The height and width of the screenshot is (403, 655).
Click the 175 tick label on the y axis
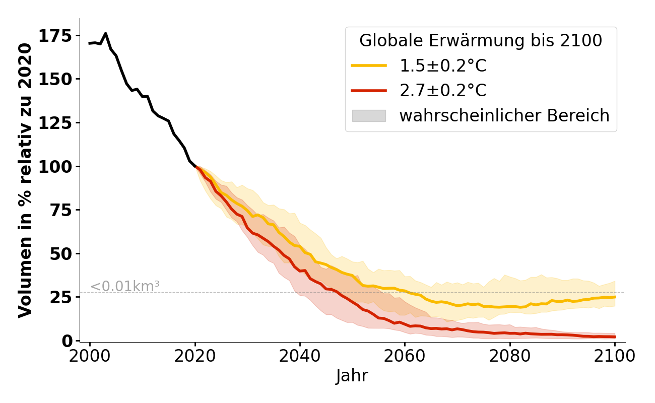click(x=56, y=36)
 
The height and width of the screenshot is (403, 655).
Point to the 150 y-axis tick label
click(x=56, y=79)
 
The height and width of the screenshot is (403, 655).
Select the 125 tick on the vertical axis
click(x=56, y=123)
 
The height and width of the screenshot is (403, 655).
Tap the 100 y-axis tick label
click(x=56, y=166)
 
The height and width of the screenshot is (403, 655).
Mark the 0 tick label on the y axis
click(x=67, y=341)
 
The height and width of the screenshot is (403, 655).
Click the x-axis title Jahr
click(x=352, y=376)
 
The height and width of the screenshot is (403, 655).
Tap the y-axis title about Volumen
click(x=25, y=180)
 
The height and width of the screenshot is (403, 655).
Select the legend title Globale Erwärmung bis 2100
click(x=481, y=41)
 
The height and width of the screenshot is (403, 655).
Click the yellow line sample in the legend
click(x=369, y=65)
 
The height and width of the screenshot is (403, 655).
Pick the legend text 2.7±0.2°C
click(x=443, y=91)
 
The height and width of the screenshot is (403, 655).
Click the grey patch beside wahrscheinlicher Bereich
click(x=369, y=116)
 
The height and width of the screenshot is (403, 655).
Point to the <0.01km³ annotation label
click(x=125, y=286)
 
